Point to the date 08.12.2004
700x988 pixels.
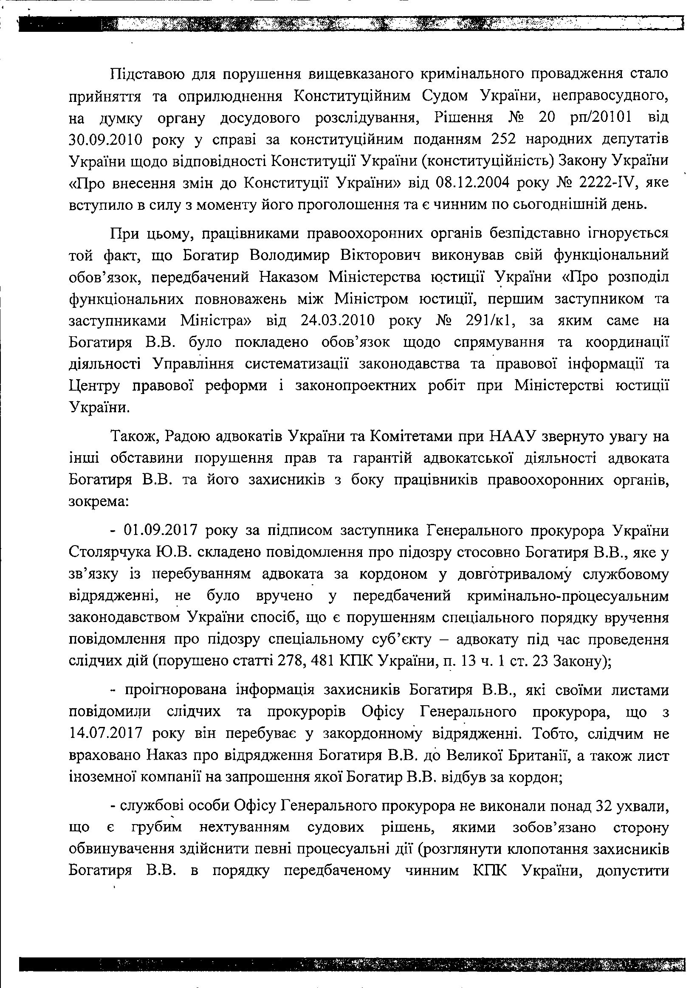point(467,182)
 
